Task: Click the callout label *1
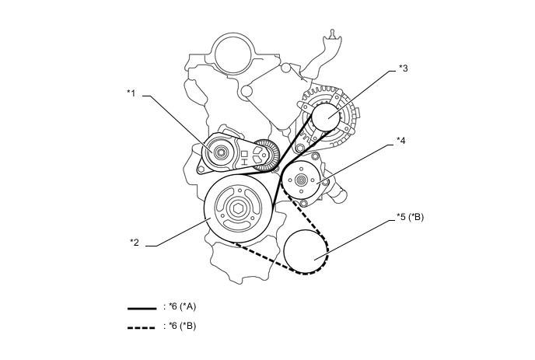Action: (x=131, y=93)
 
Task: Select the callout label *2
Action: (x=135, y=242)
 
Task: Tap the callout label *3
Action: (x=403, y=68)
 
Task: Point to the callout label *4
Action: (x=400, y=141)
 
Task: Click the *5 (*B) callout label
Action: (x=408, y=217)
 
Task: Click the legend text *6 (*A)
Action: (x=182, y=309)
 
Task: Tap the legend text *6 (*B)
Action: (x=182, y=326)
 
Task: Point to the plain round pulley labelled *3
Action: (x=326, y=117)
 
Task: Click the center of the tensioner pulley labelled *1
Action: (x=222, y=152)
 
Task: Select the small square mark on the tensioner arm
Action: (x=243, y=153)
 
